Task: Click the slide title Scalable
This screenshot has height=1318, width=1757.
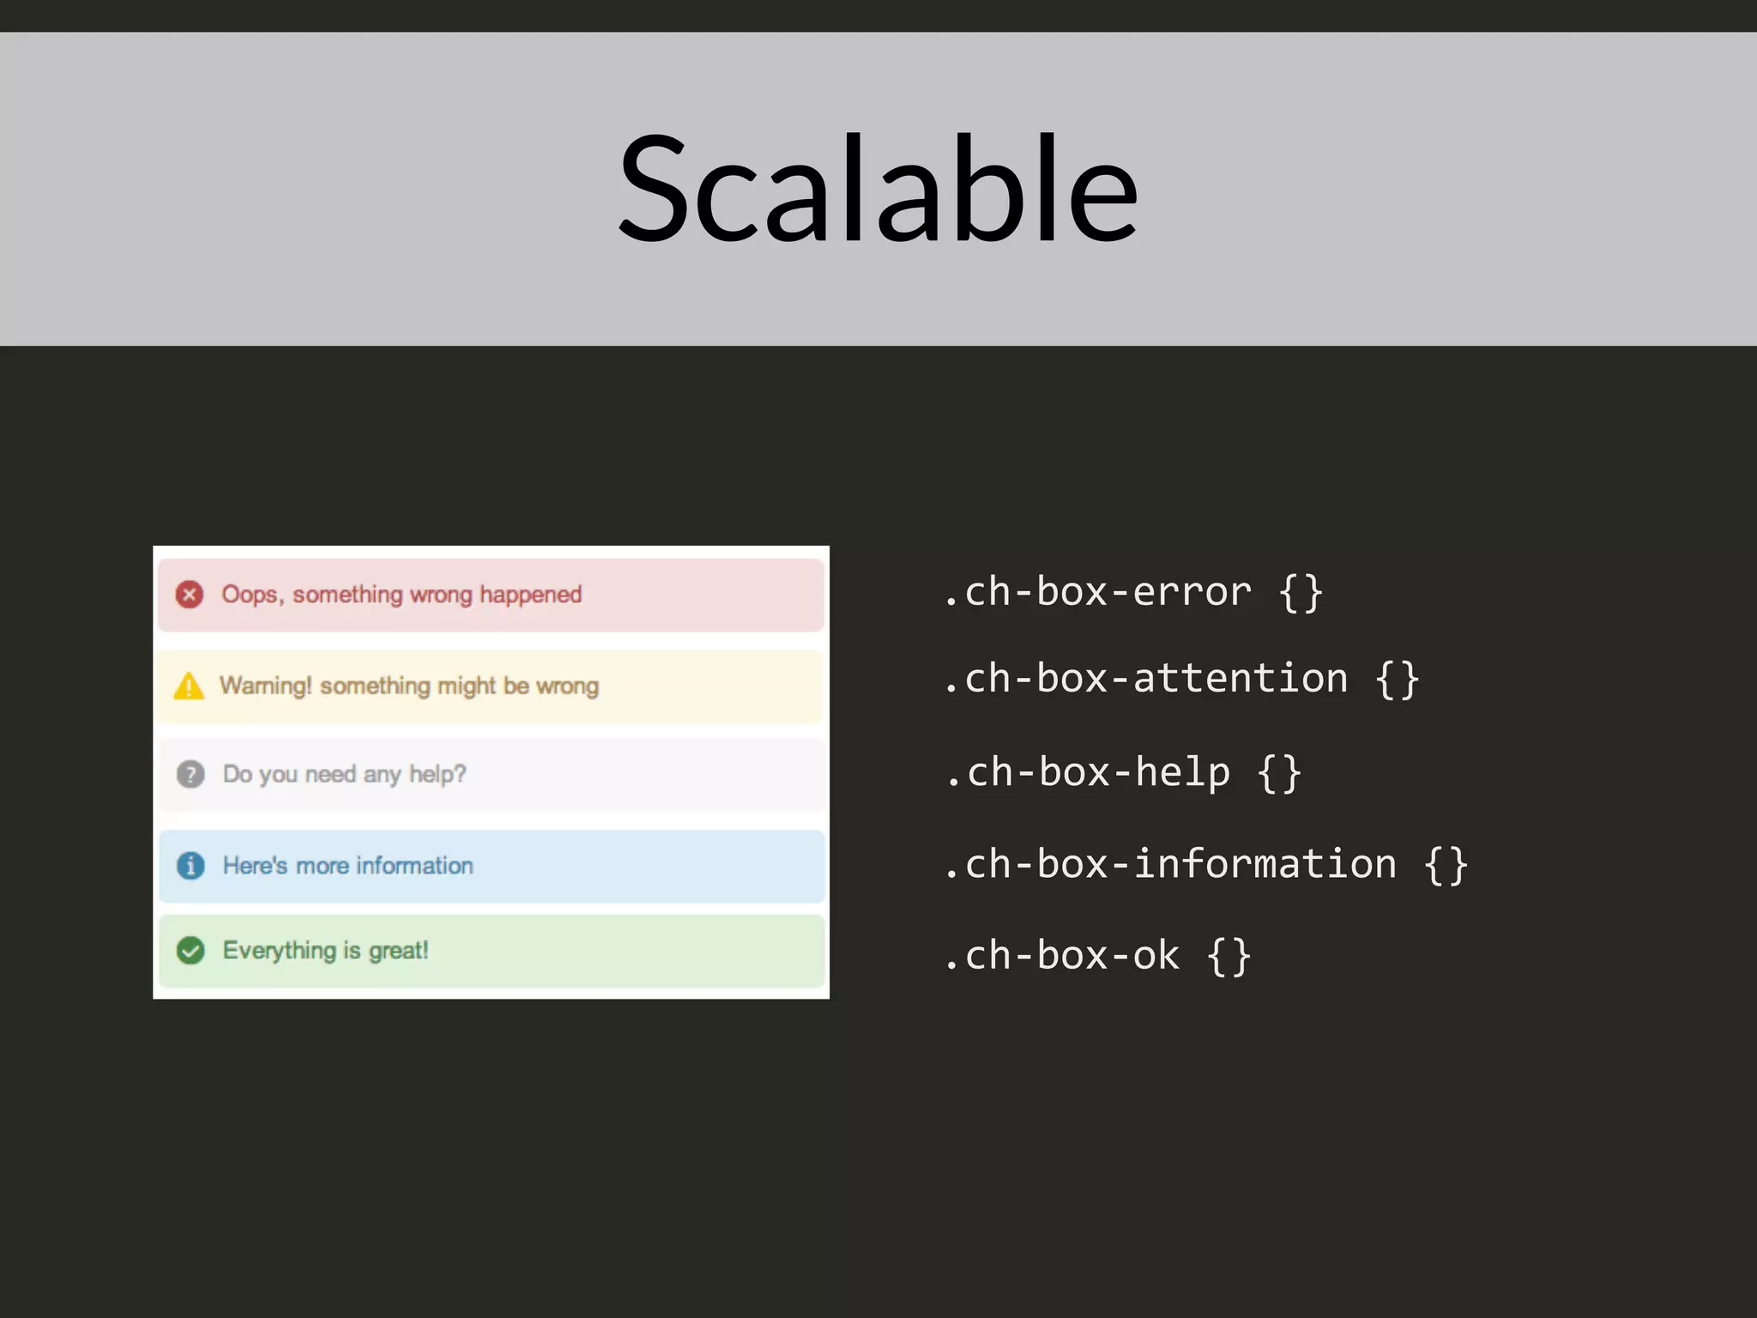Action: coord(878,189)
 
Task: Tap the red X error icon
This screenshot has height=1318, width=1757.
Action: coord(190,595)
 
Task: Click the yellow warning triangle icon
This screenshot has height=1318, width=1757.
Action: coord(189,686)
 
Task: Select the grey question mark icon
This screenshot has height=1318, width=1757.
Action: coord(190,774)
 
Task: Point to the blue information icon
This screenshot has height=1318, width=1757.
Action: coord(190,866)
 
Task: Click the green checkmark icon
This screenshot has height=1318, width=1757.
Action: coord(190,951)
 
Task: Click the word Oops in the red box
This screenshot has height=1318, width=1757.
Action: coord(250,595)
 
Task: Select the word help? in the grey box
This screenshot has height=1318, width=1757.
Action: coord(438,774)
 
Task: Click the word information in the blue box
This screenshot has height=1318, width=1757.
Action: coord(414,865)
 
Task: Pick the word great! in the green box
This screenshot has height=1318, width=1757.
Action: coord(398,951)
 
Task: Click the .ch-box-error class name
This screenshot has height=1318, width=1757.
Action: coord(1097,592)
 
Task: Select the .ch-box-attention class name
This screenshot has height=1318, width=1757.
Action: coord(1145,679)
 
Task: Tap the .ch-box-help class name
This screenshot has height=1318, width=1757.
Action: coord(1088,772)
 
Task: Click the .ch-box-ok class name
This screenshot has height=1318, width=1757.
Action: coord(1061,956)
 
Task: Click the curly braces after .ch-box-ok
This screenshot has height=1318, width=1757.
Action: coord(1229,956)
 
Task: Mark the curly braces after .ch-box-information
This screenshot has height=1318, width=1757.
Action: coord(1446,864)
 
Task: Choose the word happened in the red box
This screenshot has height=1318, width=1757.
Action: coord(530,595)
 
